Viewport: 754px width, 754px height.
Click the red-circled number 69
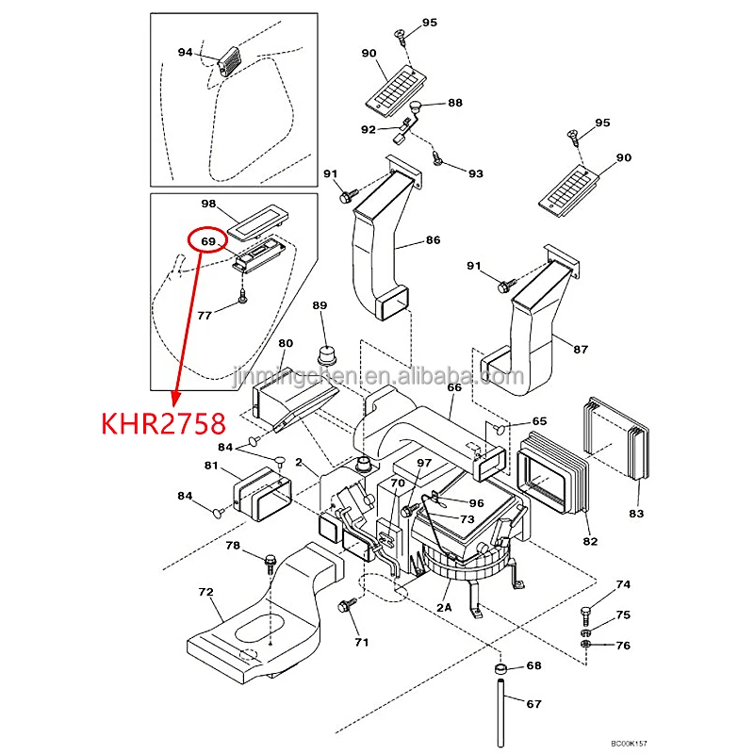(x=209, y=242)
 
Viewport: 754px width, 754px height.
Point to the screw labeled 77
(x=242, y=297)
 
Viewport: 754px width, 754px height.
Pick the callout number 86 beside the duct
(x=432, y=241)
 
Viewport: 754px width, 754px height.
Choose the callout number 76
(x=623, y=646)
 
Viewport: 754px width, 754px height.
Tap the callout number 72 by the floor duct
(x=205, y=592)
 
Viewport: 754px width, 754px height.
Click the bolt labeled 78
(x=270, y=563)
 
